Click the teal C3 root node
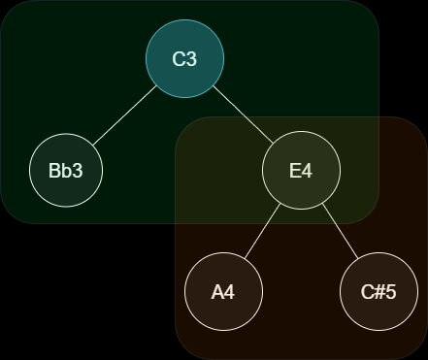[x=184, y=58]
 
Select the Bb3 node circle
[x=66, y=171]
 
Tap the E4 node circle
[x=301, y=171]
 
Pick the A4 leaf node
[x=223, y=291]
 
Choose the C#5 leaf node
[x=379, y=291]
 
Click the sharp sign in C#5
[x=379, y=291]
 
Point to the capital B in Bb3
[x=54, y=171]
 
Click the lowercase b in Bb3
[x=66, y=171]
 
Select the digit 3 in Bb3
[x=78, y=171]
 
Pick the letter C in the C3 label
[x=179, y=59]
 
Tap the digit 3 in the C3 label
[x=191, y=59]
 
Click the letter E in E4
[x=295, y=171]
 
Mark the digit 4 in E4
[x=307, y=171]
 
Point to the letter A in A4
[x=217, y=291]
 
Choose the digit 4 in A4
[x=229, y=291]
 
